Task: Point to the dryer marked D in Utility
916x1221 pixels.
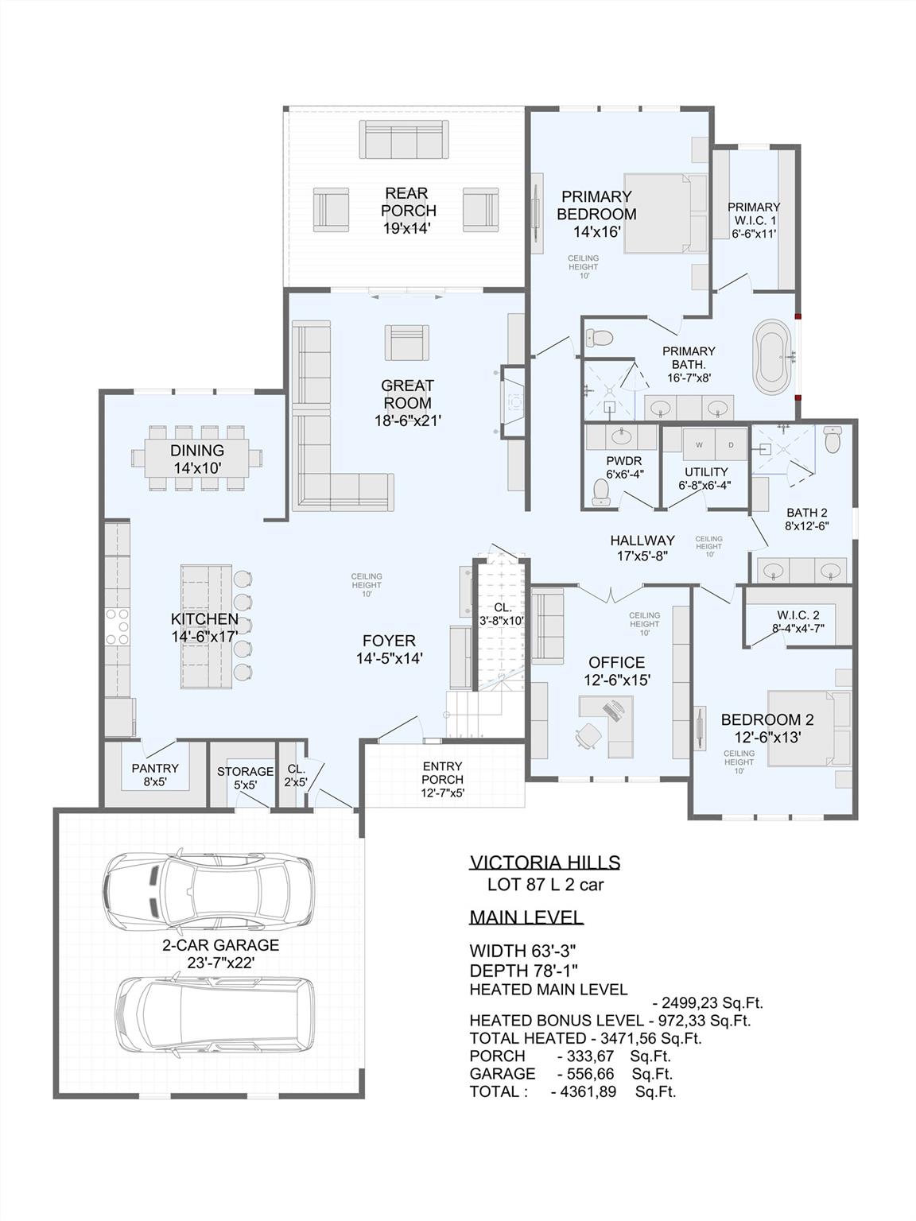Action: [x=730, y=444]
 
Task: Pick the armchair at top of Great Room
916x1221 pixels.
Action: [x=406, y=342]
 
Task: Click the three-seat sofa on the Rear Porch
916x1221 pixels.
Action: [x=404, y=140]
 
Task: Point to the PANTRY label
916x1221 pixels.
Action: [x=155, y=769]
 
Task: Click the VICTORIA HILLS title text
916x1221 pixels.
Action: [x=545, y=862]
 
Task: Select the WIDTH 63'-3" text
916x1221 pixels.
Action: [x=522, y=951]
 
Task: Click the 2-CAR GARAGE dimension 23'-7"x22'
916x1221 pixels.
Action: [x=220, y=963]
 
